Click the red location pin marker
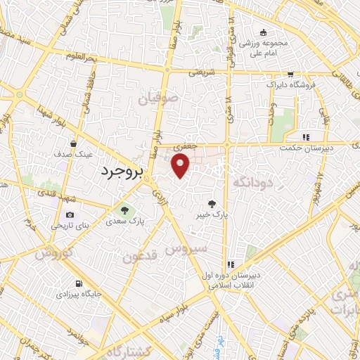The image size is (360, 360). (181, 165)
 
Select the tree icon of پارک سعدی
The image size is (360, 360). (124, 210)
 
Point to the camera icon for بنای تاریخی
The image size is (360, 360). (69, 215)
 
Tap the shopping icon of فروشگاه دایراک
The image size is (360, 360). (290, 74)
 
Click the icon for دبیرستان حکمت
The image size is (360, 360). (305, 137)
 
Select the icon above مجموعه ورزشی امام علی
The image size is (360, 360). (263, 32)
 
